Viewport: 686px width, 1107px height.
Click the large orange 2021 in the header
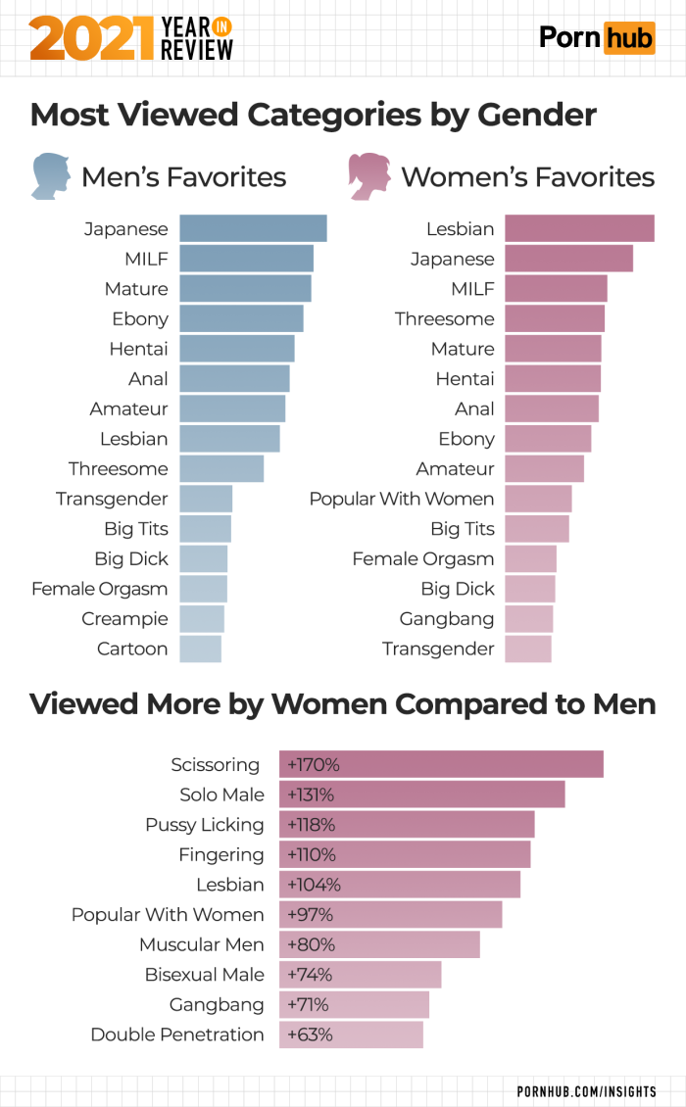coord(92,38)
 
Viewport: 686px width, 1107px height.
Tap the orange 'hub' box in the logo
coord(628,38)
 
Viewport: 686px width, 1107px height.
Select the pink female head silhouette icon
coord(369,176)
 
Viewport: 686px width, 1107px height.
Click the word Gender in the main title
coord(537,115)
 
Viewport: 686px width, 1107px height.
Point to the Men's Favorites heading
coord(183,177)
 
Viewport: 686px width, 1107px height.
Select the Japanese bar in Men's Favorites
coord(253,228)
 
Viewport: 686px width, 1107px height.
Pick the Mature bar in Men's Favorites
coord(245,289)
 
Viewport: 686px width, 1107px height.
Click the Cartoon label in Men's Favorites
coord(132,649)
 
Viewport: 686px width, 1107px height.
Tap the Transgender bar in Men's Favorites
coord(206,499)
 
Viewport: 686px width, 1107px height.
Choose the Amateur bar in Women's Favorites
coord(544,468)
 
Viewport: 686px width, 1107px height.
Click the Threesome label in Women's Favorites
coord(444,318)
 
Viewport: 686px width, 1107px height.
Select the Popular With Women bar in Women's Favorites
coord(538,499)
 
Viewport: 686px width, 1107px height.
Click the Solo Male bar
coord(421,794)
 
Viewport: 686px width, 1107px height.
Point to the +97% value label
coord(310,914)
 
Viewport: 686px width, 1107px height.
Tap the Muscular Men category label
coord(202,944)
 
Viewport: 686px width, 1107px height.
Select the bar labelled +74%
coord(360,975)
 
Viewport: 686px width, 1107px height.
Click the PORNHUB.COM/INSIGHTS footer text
coord(587,1090)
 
